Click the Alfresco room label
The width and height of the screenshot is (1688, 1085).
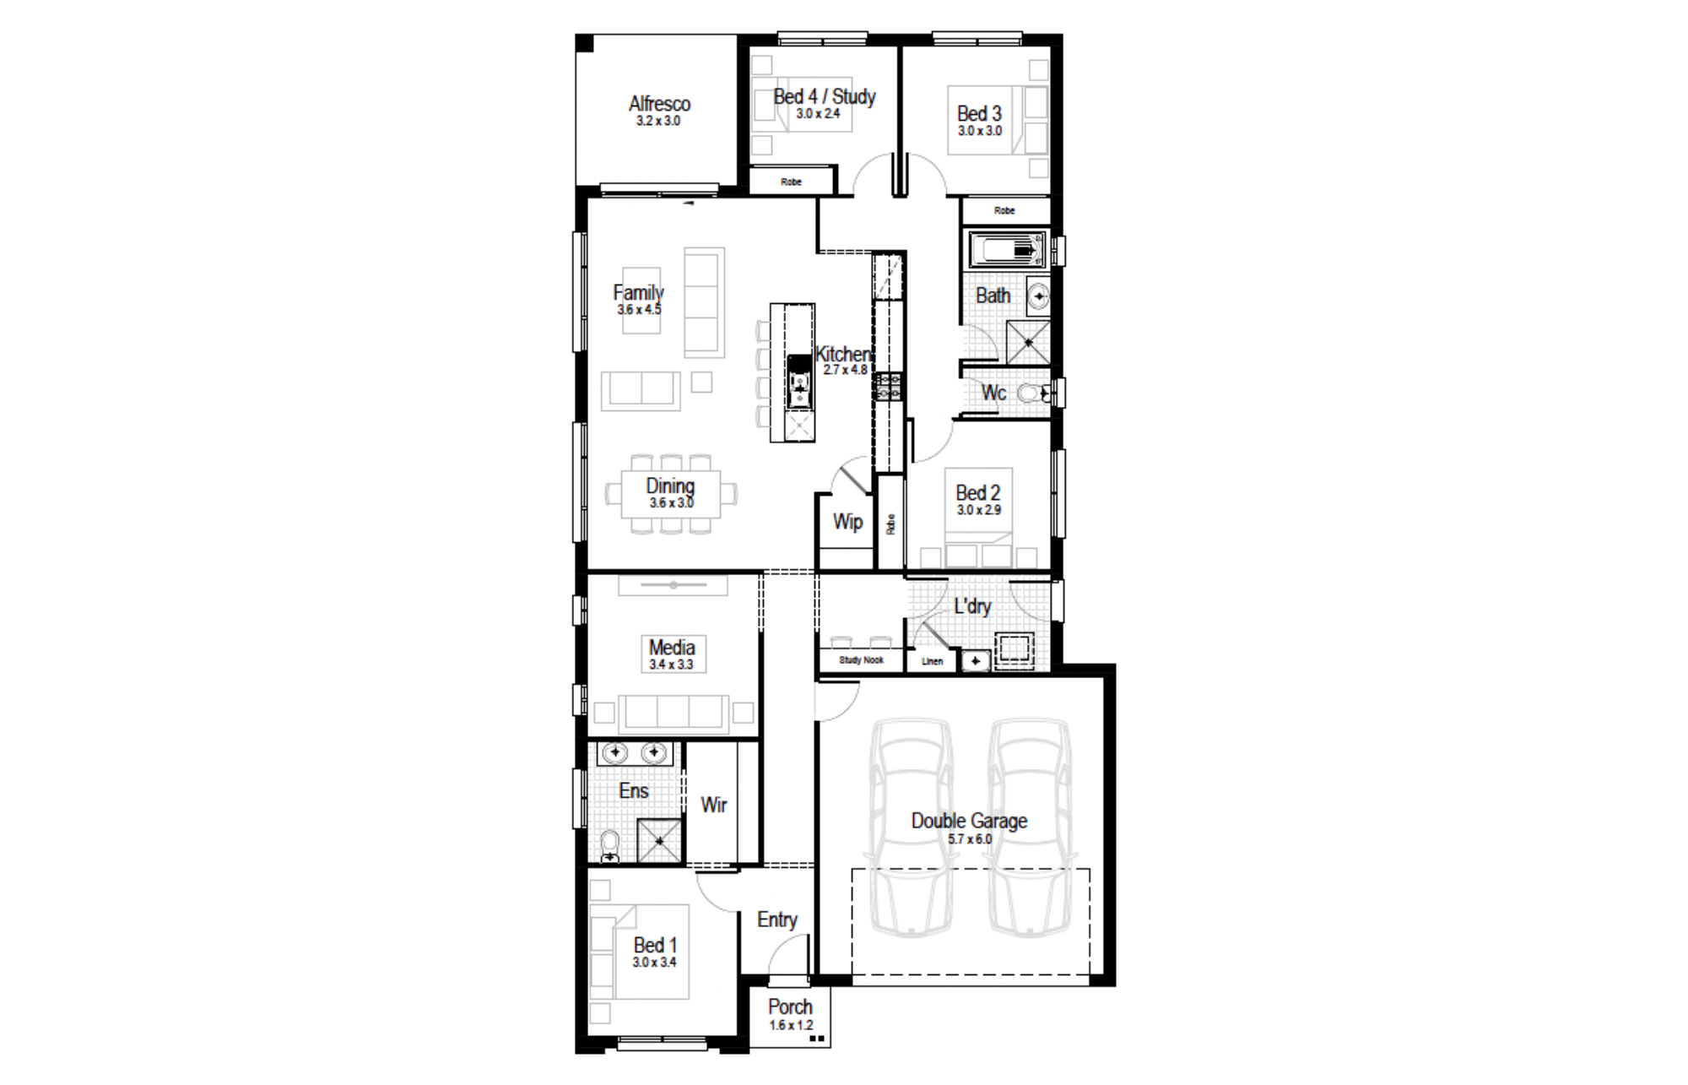tap(659, 104)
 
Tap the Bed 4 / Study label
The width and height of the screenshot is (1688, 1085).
tap(825, 97)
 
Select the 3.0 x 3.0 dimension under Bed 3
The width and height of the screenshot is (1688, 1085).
tap(979, 131)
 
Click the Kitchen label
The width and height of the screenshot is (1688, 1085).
tap(843, 354)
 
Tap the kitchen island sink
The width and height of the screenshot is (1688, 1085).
tap(799, 389)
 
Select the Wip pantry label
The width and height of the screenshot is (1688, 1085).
tap(847, 522)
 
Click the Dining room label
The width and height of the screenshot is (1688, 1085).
tap(670, 486)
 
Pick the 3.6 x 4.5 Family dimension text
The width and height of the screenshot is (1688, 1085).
tap(639, 310)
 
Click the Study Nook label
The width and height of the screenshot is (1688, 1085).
tap(861, 660)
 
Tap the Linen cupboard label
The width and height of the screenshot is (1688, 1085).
tap(932, 661)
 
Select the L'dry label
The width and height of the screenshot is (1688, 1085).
tap(972, 606)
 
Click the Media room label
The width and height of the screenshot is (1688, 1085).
tap(672, 648)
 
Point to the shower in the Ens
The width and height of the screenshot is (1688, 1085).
tap(659, 841)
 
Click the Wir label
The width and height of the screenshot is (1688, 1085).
tap(713, 805)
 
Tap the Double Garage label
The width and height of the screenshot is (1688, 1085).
tap(969, 821)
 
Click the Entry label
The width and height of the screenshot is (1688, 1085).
tap(776, 920)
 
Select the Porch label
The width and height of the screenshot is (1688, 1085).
tap(790, 1007)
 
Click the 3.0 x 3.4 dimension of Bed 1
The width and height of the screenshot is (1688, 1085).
tap(654, 963)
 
